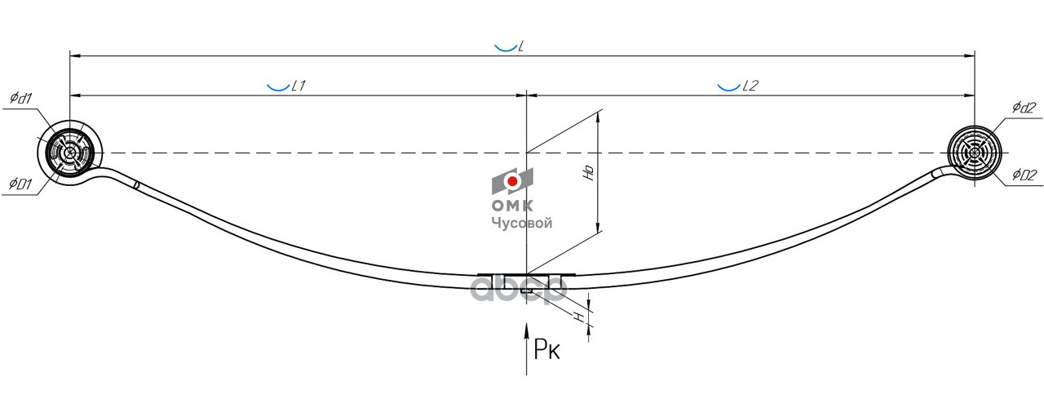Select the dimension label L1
(x=298, y=86)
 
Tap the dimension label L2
(x=750, y=86)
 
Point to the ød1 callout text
(x=20, y=99)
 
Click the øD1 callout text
(x=20, y=184)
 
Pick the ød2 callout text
(x=1024, y=107)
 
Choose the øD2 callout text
(x=1024, y=175)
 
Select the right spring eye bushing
(x=974, y=153)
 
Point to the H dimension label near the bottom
(x=581, y=316)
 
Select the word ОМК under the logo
(x=511, y=206)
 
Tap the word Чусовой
(x=521, y=223)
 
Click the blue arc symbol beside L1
(x=277, y=86)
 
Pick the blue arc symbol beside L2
(x=728, y=86)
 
